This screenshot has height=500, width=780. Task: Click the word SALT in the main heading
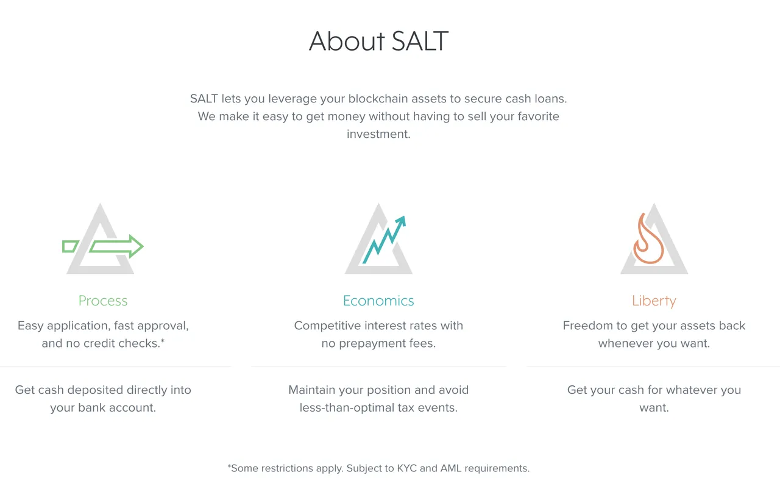[420, 41]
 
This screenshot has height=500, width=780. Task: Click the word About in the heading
[347, 41]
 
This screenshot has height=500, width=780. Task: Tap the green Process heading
[103, 301]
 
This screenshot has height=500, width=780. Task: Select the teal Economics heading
[378, 301]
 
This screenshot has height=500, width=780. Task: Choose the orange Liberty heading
[654, 301]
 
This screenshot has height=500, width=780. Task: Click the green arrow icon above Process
[116, 246]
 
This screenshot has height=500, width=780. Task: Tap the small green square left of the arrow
[70, 246]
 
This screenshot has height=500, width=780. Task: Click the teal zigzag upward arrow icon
[385, 240]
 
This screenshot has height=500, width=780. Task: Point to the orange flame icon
[648, 238]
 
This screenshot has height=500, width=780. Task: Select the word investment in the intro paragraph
[378, 134]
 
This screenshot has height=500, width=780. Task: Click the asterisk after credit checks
[163, 341]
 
